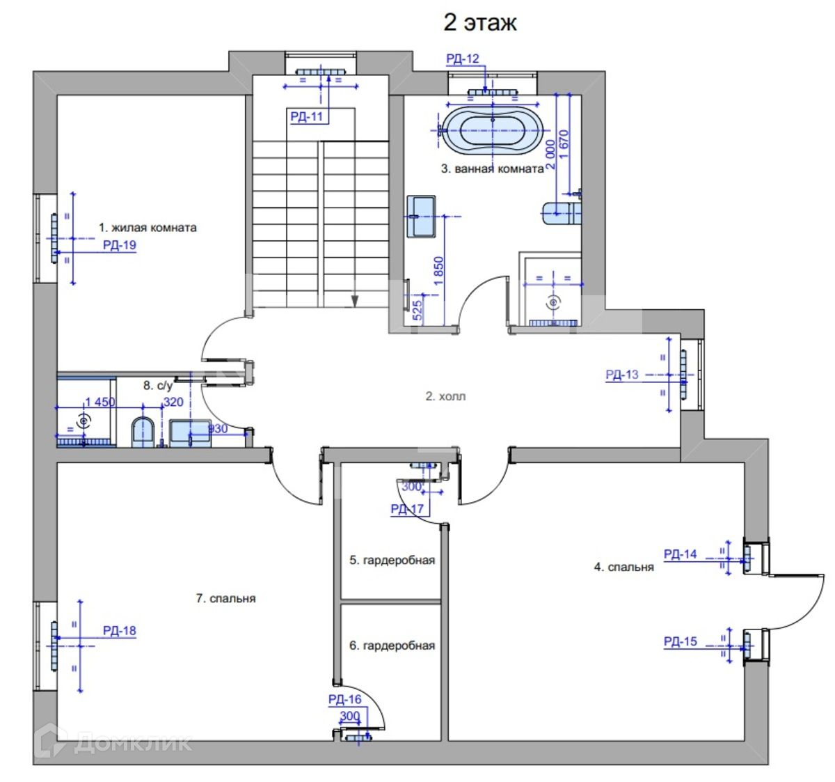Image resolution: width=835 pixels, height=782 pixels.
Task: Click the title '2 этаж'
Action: [479, 23]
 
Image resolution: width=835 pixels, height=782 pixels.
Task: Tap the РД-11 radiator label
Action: [306, 116]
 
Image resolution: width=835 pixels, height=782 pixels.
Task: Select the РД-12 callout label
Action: [463, 58]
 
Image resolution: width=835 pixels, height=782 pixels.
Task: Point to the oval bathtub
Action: [493, 130]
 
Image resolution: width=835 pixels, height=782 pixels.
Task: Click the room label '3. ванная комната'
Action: [493, 169]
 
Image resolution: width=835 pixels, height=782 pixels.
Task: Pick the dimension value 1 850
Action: [438, 272]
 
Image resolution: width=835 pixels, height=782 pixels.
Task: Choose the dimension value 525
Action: [417, 311]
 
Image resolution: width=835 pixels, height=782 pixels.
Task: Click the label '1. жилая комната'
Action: [148, 228]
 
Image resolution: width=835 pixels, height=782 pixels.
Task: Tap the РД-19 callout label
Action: [120, 245]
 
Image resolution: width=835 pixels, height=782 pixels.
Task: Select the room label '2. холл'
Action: [445, 396]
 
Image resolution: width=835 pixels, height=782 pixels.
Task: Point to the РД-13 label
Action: [622, 375]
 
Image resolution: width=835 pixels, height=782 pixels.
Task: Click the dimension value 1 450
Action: [100, 402]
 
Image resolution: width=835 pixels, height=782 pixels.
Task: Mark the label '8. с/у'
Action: [158, 386]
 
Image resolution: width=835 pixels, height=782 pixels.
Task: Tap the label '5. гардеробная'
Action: [392, 560]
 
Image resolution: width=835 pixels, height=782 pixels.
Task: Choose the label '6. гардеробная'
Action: [392, 646]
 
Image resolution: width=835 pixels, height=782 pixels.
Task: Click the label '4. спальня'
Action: [624, 567]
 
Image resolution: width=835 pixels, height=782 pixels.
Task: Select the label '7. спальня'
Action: [225, 598]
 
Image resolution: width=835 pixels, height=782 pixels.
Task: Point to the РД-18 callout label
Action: [120, 630]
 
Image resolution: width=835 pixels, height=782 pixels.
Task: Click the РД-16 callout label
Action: [344, 699]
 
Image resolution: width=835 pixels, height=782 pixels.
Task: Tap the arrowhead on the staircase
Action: [355, 301]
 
